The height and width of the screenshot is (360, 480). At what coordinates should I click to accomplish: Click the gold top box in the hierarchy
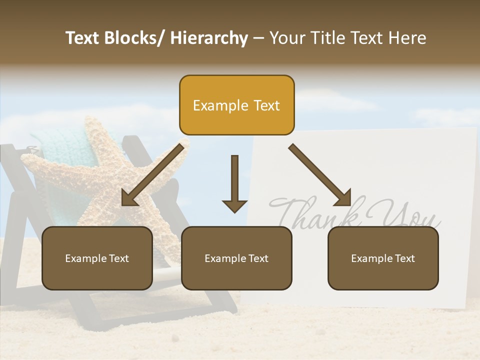coord(236,105)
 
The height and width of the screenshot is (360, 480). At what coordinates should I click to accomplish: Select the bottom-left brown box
coord(97,258)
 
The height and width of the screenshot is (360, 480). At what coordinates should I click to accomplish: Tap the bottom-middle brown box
coord(236,258)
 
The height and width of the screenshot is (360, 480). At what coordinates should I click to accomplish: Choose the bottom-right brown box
coord(383,258)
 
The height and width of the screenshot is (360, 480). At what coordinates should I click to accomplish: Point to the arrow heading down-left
coord(152,175)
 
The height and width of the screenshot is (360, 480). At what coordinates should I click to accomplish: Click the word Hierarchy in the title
coord(209,38)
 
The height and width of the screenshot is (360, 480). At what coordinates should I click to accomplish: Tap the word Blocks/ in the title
coord(134,38)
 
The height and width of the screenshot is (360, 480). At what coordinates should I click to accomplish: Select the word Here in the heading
coord(407,38)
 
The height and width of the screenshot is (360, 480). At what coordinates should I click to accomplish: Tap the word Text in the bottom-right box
coord(404,258)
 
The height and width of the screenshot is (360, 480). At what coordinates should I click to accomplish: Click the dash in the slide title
coord(258,38)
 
